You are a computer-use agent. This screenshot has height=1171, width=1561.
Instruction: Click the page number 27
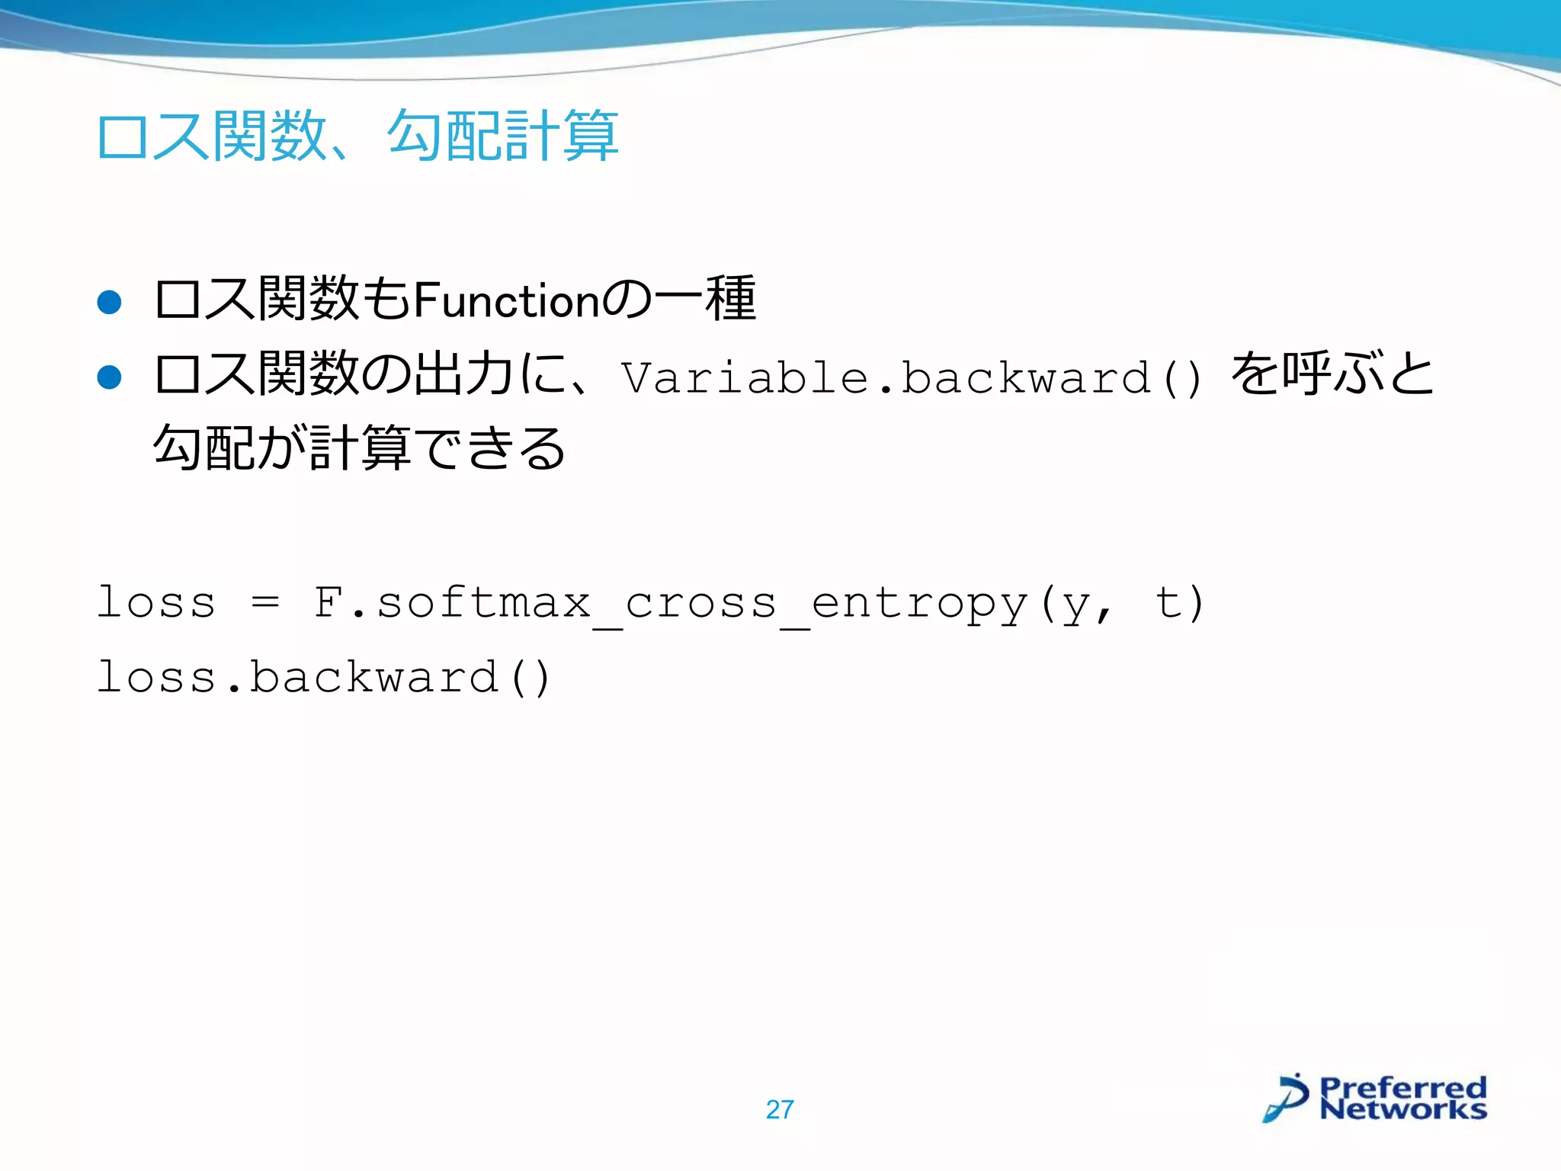(779, 1109)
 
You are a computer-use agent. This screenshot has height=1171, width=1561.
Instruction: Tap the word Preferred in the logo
(1403, 1087)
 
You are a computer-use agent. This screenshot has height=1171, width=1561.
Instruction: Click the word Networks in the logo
(1403, 1109)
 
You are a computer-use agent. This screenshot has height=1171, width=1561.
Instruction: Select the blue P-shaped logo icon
(1286, 1098)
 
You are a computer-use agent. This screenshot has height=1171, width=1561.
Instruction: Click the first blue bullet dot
(110, 302)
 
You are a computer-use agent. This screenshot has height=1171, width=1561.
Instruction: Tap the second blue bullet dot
(110, 377)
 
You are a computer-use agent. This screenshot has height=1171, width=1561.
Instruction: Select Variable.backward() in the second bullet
(911, 378)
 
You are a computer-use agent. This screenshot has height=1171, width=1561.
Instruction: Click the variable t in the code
(1168, 602)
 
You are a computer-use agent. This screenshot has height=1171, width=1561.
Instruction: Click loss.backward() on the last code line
(323, 677)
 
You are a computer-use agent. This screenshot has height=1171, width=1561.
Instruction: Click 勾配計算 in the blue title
(503, 136)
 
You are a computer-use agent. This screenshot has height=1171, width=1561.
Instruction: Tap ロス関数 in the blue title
(213, 136)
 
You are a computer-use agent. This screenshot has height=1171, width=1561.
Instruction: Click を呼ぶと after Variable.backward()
(1332, 375)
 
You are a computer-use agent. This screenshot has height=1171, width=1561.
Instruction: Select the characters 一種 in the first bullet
(705, 299)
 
